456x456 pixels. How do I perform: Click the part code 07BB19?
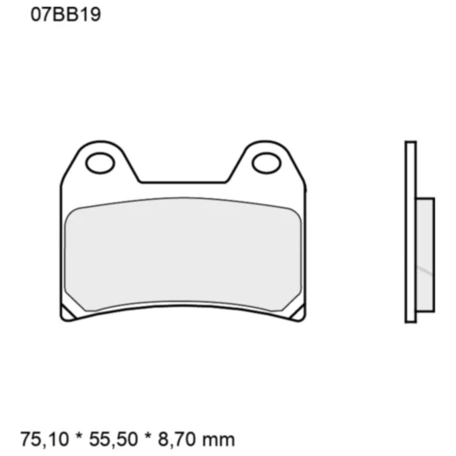tap(63, 15)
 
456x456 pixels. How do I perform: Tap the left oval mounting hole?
tap(101, 162)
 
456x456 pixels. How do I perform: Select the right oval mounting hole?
tap(266, 162)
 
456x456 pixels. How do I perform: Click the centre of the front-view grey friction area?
tap(184, 254)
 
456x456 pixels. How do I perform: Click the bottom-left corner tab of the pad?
tap(67, 313)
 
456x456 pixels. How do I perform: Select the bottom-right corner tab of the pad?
tap(300, 313)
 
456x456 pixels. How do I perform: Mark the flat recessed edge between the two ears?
tap(183, 182)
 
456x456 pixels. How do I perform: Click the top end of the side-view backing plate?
tap(410, 144)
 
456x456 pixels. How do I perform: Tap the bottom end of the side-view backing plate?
tap(410, 320)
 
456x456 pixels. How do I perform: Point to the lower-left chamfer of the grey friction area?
tap(75, 302)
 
